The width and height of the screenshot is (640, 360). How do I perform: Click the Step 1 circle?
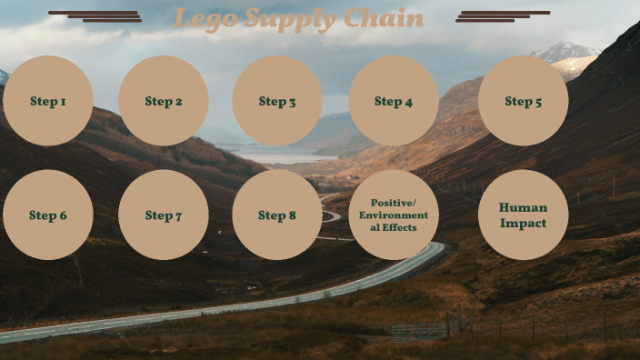(48, 101)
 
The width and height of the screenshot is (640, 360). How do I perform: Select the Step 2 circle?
(164, 101)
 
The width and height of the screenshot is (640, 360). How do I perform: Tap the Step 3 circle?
(277, 101)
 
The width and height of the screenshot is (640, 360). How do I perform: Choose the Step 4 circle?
(394, 101)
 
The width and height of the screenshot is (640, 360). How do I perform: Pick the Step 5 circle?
(524, 101)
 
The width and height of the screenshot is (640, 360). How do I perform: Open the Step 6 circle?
(48, 215)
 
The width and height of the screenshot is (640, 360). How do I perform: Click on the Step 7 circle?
(164, 215)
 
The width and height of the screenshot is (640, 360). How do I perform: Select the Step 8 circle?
(277, 215)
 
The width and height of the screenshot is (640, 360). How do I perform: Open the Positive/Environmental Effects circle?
(394, 215)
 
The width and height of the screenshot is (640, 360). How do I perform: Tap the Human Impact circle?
(524, 215)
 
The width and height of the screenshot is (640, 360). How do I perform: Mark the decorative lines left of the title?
(95, 16)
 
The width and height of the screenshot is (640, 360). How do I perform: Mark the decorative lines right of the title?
(503, 16)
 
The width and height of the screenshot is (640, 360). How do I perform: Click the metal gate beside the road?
(418, 332)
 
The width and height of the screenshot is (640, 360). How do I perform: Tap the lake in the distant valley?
(273, 155)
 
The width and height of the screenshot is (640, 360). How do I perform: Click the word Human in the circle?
(524, 207)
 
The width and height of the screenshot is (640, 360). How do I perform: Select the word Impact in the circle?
(524, 223)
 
